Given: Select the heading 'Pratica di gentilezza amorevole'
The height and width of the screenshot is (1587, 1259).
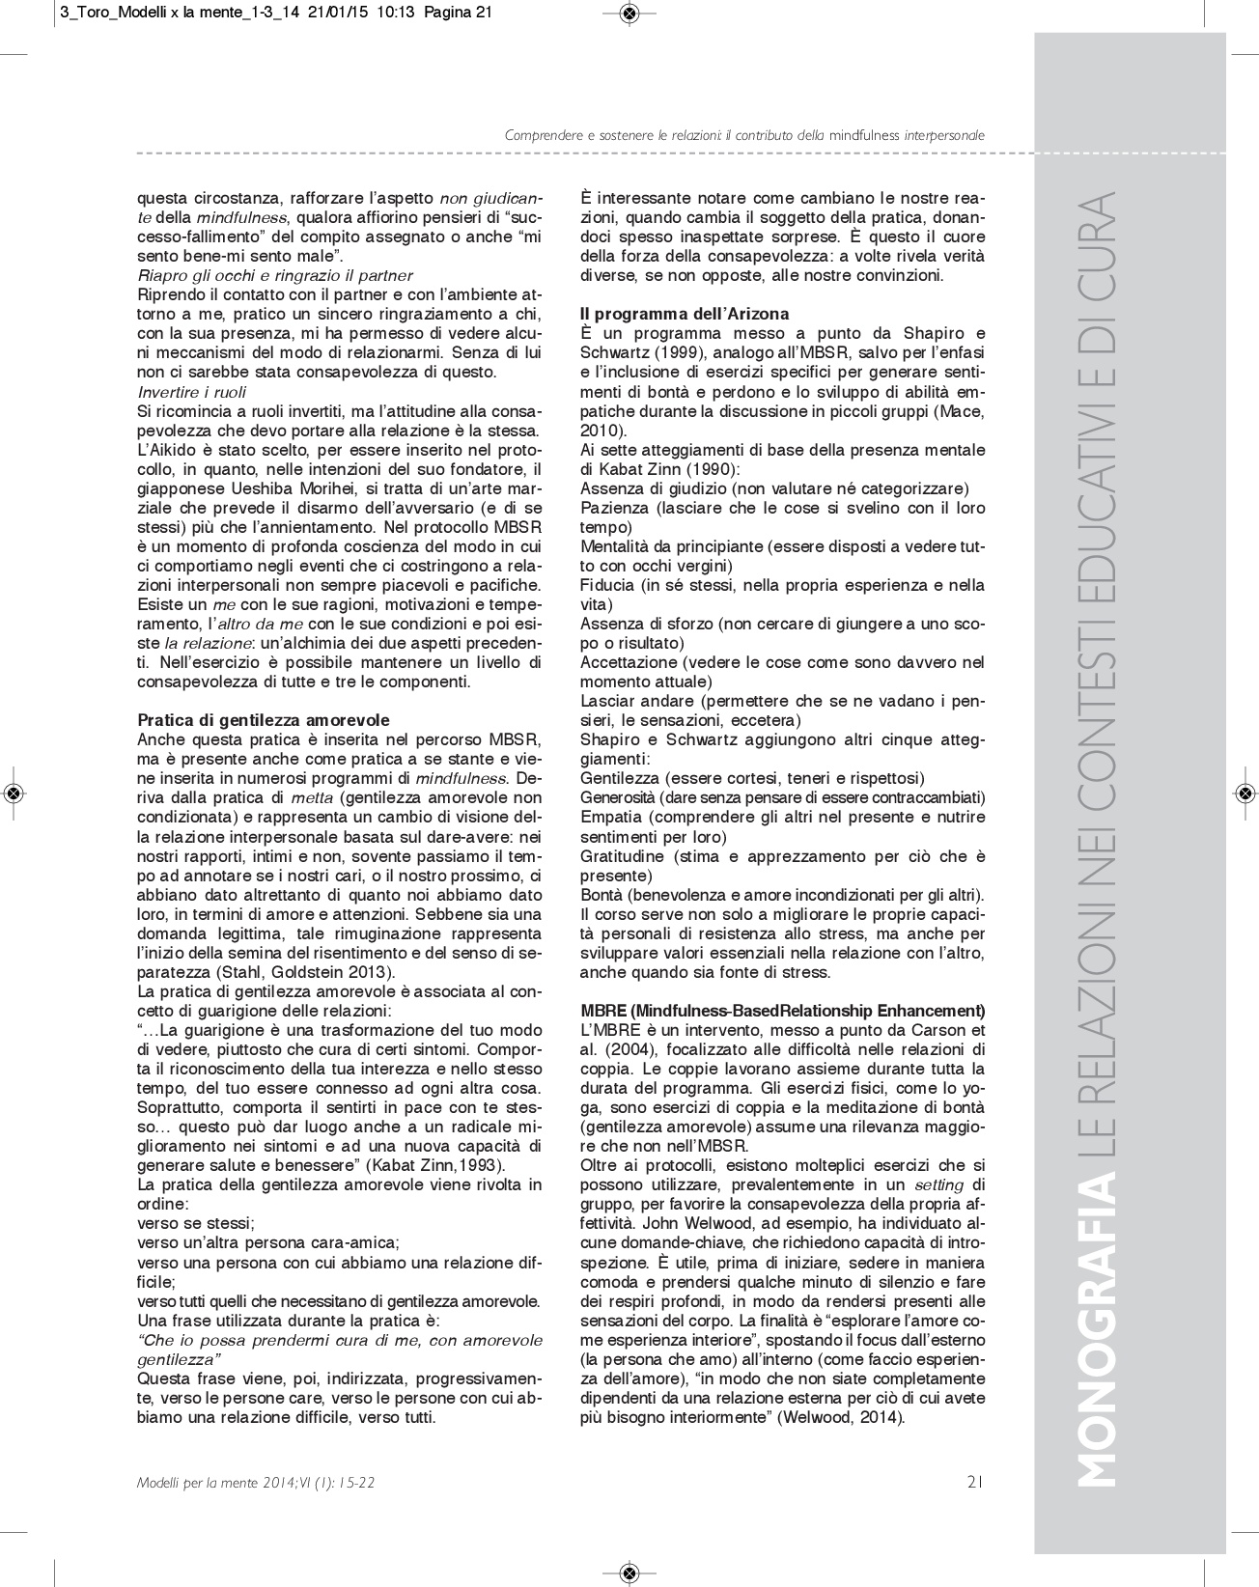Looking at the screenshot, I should click(x=264, y=720).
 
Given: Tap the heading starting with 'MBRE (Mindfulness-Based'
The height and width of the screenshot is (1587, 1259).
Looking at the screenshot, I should click(x=782, y=1011).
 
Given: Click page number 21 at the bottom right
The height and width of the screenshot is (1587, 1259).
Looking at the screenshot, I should click(x=974, y=1482).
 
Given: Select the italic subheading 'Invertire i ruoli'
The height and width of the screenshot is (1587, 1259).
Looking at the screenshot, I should click(x=192, y=392).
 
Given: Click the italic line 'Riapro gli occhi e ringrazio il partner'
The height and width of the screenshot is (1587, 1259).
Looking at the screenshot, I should click(x=275, y=275).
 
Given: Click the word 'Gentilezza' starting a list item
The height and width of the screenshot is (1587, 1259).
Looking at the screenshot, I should click(x=620, y=778).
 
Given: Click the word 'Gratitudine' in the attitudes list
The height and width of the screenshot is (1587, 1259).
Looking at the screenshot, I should click(x=623, y=856).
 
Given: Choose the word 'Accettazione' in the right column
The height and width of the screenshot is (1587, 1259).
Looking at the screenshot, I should click(x=628, y=662).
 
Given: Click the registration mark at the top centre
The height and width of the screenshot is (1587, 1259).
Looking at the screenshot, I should click(x=629, y=13).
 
